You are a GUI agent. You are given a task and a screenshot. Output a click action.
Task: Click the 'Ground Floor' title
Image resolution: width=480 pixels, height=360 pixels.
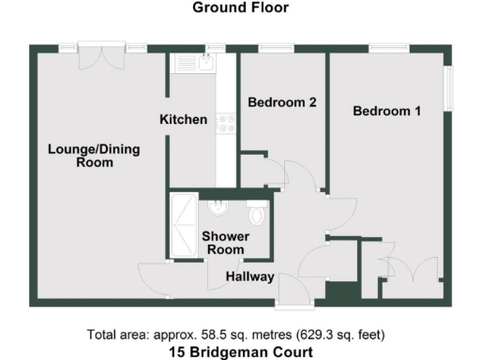pyautogui.click(x=240, y=7)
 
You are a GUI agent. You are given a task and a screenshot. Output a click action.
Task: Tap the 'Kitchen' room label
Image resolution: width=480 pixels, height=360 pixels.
pyautogui.click(x=183, y=119)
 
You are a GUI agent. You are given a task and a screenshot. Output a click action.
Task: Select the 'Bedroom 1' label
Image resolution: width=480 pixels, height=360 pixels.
pyautogui.click(x=386, y=112)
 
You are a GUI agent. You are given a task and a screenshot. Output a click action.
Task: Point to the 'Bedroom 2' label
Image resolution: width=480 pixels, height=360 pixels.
pyautogui.click(x=280, y=104)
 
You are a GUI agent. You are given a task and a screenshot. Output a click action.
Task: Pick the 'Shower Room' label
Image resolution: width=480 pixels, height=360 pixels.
pyautogui.click(x=223, y=243)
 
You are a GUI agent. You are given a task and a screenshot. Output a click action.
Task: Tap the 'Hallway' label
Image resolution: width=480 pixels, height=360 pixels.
pyautogui.click(x=249, y=277)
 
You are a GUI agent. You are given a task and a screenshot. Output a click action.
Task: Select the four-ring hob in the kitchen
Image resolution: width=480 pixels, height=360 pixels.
pyautogui.click(x=225, y=123)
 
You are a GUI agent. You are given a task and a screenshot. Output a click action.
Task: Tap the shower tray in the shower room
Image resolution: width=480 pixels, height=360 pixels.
pyautogui.click(x=183, y=225)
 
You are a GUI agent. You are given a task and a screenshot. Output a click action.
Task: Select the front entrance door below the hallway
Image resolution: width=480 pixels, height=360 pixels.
pyautogui.click(x=294, y=304)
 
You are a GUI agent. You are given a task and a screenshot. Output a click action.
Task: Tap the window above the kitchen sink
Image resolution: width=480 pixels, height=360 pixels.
pyautogui.click(x=216, y=47)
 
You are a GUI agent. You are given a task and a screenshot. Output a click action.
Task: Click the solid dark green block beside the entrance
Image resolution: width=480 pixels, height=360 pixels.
pyautogui.click(x=338, y=292)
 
